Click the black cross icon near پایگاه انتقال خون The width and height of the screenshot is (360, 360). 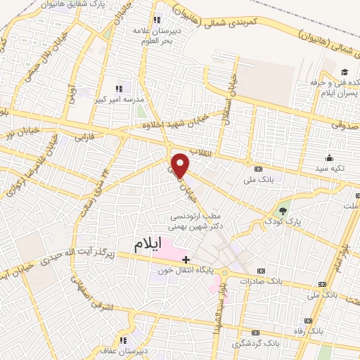[186, 259]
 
